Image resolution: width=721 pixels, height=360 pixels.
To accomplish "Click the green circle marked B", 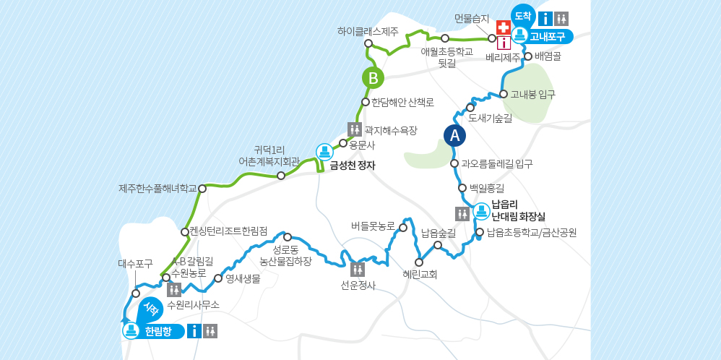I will click(x=373, y=77).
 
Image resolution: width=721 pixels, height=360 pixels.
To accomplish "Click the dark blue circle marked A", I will click(x=454, y=135).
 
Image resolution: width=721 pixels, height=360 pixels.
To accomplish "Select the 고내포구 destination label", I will click(x=546, y=35).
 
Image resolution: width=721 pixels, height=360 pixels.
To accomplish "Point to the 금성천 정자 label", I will click(x=353, y=165).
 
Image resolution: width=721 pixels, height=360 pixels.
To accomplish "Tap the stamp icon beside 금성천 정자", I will click(x=324, y=152).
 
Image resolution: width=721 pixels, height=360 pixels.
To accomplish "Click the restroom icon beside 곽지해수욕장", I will click(x=355, y=129).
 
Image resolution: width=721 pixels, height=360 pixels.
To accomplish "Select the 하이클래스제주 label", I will click(x=368, y=31).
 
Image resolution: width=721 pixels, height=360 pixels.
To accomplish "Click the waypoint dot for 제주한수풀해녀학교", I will click(x=202, y=189).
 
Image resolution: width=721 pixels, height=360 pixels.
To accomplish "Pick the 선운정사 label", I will click(x=358, y=285).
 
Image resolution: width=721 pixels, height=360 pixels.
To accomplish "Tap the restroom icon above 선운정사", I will click(x=358, y=270).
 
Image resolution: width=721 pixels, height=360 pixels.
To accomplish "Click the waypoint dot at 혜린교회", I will click(x=418, y=262).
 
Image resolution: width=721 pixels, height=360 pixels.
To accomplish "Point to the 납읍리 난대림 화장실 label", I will click(x=518, y=210).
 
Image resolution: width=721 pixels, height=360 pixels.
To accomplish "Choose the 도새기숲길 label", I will click(x=490, y=118).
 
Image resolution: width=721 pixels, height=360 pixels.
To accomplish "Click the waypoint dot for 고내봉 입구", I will click(x=504, y=94).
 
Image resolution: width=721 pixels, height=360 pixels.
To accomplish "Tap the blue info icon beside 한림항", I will click(x=194, y=331).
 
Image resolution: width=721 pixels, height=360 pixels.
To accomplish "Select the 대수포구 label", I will click(x=136, y=264).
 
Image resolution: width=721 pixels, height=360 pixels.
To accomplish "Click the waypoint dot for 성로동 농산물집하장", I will click(x=288, y=237).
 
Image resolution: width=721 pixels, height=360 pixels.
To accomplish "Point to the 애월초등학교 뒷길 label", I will click(x=446, y=57).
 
